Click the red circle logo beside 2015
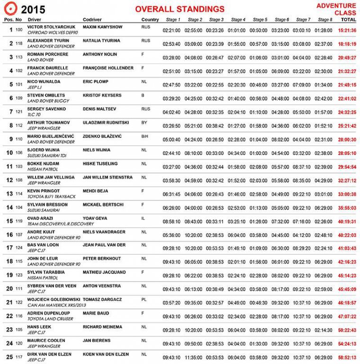9,9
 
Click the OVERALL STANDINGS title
180,9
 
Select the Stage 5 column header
260,20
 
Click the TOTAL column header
348,20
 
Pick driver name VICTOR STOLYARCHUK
51,27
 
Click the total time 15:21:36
347,30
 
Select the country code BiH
145,136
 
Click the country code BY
144,123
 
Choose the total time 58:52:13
347,358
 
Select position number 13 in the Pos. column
9,194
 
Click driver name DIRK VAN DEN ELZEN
52,354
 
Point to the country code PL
144,300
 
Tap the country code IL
143,218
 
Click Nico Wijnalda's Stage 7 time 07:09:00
302,85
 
